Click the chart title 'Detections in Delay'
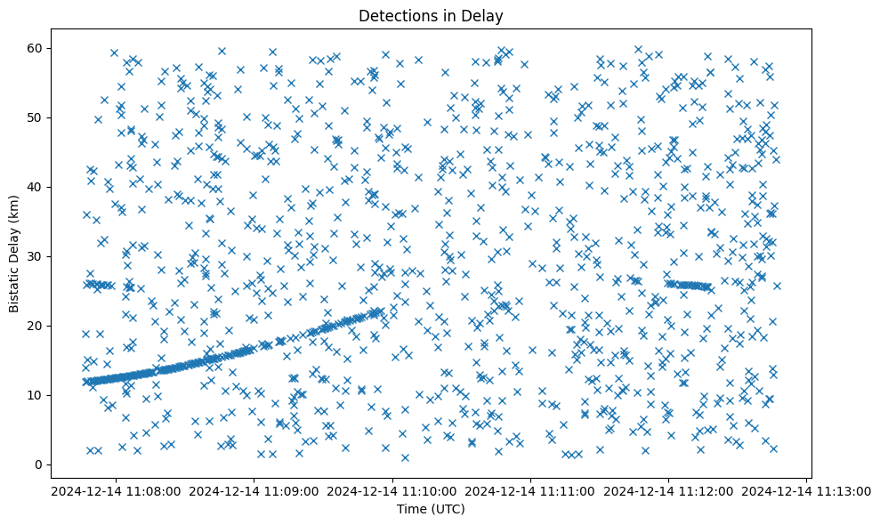click(x=430, y=15)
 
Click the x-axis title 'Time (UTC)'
click(x=430, y=509)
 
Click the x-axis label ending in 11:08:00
click(x=117, y=490)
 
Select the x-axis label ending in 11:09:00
click(x=254, y=490)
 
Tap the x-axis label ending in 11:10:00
click(x=393, y=490)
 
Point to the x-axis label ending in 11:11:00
click(x=531, y=490)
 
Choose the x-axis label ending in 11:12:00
click(x=669, y=490)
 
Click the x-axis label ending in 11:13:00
click(x=807, y=490)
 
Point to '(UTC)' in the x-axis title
click(x=447, y=509)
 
